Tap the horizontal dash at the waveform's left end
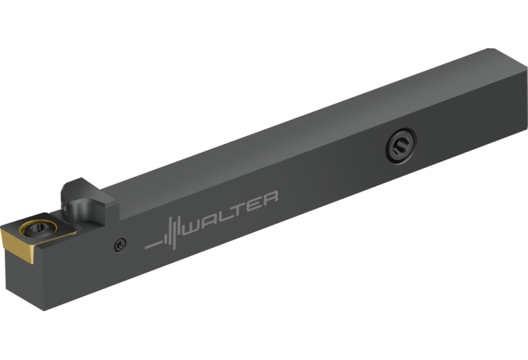[152, 244]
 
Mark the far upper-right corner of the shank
[489, 49]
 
